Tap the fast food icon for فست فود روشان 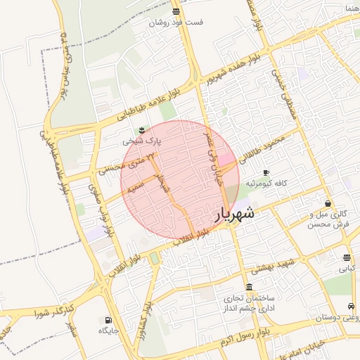[x=175, y=11]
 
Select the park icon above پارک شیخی [x=142, y=129]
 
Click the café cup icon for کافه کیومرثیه [x=265, y=172]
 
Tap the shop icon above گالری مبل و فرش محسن [x=328, y=204]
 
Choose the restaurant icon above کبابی [x=347, y=257]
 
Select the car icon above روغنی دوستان [x=350, y=307]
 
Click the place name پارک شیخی [x=142, y=141]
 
